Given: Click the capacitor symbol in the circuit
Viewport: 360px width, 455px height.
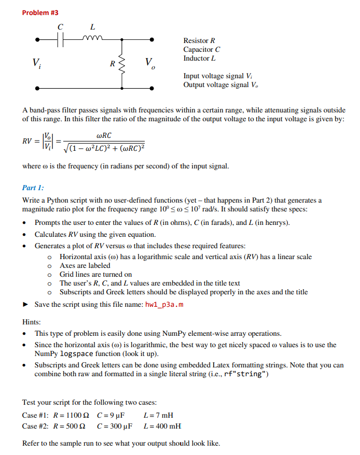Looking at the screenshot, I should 60,39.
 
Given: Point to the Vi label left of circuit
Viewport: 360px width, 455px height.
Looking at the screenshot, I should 36,64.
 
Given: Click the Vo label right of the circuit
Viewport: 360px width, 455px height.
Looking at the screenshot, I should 150,64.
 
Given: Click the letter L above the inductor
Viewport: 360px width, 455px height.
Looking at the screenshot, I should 92,26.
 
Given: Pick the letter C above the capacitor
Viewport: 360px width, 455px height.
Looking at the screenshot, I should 60,26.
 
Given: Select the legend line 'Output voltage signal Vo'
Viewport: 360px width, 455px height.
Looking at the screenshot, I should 220,84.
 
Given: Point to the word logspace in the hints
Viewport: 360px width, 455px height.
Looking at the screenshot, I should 76,354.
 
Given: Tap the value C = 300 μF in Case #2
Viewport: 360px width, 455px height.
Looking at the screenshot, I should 115,426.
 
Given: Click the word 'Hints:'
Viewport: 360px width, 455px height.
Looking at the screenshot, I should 31,321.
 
